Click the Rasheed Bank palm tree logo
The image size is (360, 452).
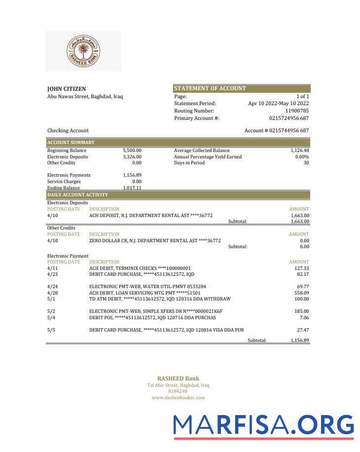(83, 51)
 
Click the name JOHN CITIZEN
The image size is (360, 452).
(67, 89)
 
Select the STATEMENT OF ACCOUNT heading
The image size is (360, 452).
(210, 88)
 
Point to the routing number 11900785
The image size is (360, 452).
(297, 111)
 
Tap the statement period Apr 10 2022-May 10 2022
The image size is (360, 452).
(278, 104)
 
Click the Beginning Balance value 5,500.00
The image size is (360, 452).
(132, 151)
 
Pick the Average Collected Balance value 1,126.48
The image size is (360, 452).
(300, 151)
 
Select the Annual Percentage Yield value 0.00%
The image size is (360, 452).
(302, 157)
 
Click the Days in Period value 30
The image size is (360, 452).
(306, 163)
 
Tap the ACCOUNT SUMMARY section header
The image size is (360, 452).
(71, 143)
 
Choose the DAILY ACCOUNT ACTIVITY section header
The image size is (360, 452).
(77, 195)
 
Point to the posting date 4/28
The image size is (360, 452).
(52, 293)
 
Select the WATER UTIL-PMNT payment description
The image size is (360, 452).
(147, 286)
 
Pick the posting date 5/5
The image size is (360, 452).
(51, 330)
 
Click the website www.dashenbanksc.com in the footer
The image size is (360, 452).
(178, 397)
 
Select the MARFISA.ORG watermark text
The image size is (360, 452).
(264, 425)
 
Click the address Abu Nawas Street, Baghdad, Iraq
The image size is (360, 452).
(85, 97)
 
